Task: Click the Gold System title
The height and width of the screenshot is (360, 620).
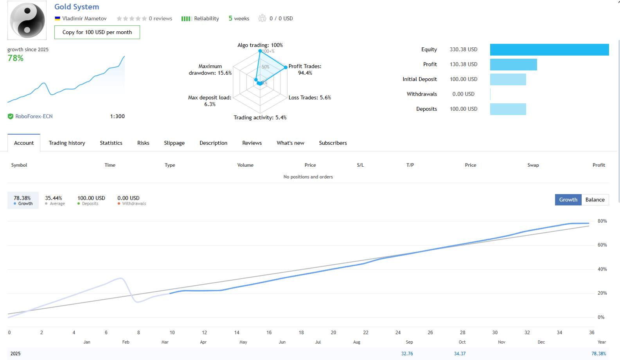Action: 77,7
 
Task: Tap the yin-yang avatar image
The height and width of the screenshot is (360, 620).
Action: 27,20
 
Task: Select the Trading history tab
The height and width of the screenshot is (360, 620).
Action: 67,143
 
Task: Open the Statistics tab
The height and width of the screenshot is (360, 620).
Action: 111,143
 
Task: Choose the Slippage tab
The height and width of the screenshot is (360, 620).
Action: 174,143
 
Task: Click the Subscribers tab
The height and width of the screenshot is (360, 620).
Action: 333,143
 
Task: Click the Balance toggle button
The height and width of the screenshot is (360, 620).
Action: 595,200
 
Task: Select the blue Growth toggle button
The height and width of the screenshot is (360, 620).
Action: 568,200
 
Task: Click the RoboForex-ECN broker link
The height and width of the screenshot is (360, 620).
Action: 34,116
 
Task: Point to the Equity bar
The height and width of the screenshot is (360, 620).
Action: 549,50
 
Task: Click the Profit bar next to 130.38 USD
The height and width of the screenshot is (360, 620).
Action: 513,65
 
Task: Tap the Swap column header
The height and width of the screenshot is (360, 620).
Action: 533,165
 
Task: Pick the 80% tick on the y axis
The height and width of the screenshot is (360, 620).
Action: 602,221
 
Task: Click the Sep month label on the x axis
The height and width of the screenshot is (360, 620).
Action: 409,342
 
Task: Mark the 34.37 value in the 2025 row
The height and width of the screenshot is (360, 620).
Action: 460,354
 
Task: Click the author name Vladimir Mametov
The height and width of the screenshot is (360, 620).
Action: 84,18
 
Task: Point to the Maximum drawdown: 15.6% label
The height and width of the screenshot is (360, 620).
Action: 210,70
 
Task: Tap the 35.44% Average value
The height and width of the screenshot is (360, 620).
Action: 54,198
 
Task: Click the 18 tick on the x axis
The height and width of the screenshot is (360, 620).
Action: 301,333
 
